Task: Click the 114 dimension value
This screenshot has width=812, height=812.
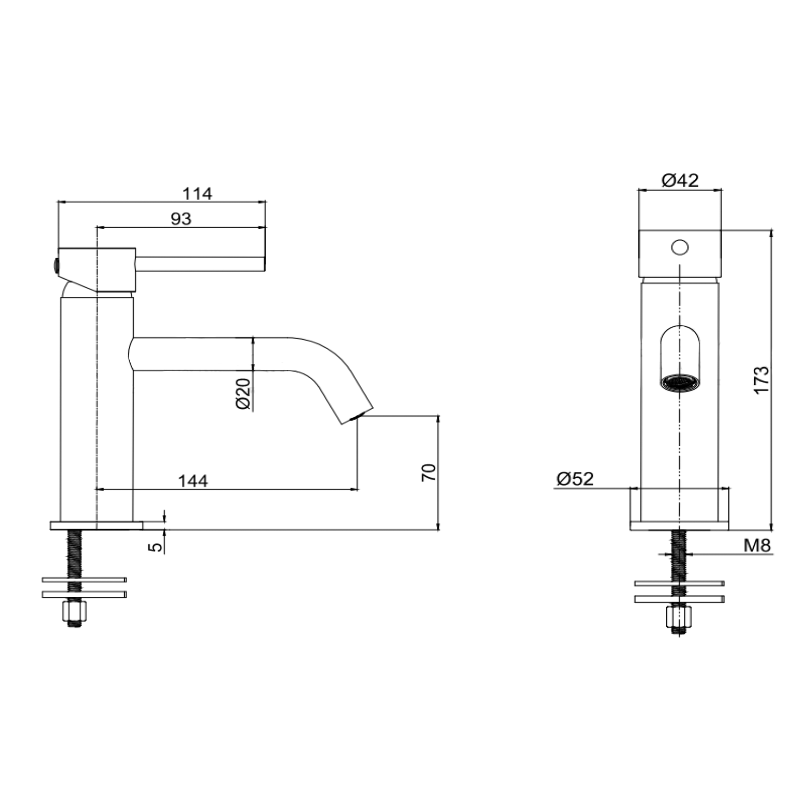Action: (x=197, y=194)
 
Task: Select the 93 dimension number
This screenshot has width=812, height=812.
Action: (x=181, y=219)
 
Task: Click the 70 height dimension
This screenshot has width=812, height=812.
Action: (x=429, y=473)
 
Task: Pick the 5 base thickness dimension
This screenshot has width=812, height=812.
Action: (x=156, y=546)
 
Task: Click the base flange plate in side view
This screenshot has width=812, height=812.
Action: (x=97, y=525)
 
